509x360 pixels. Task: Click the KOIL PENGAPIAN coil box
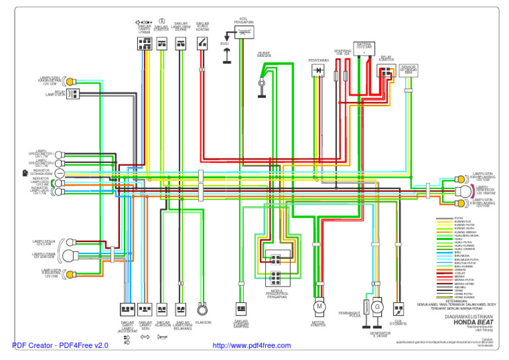(244, 30)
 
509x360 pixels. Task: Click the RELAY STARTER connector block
(386, 70)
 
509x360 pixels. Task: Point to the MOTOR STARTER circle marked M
(319, 306)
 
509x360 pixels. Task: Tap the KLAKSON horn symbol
(203, 308)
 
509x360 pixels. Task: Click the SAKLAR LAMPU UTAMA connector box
(144, 43)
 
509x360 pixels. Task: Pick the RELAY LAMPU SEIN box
(73, 94)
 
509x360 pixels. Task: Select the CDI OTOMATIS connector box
(398, 308)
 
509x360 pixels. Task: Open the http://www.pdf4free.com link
(251, 345)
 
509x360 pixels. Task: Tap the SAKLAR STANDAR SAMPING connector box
(241, 308)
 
